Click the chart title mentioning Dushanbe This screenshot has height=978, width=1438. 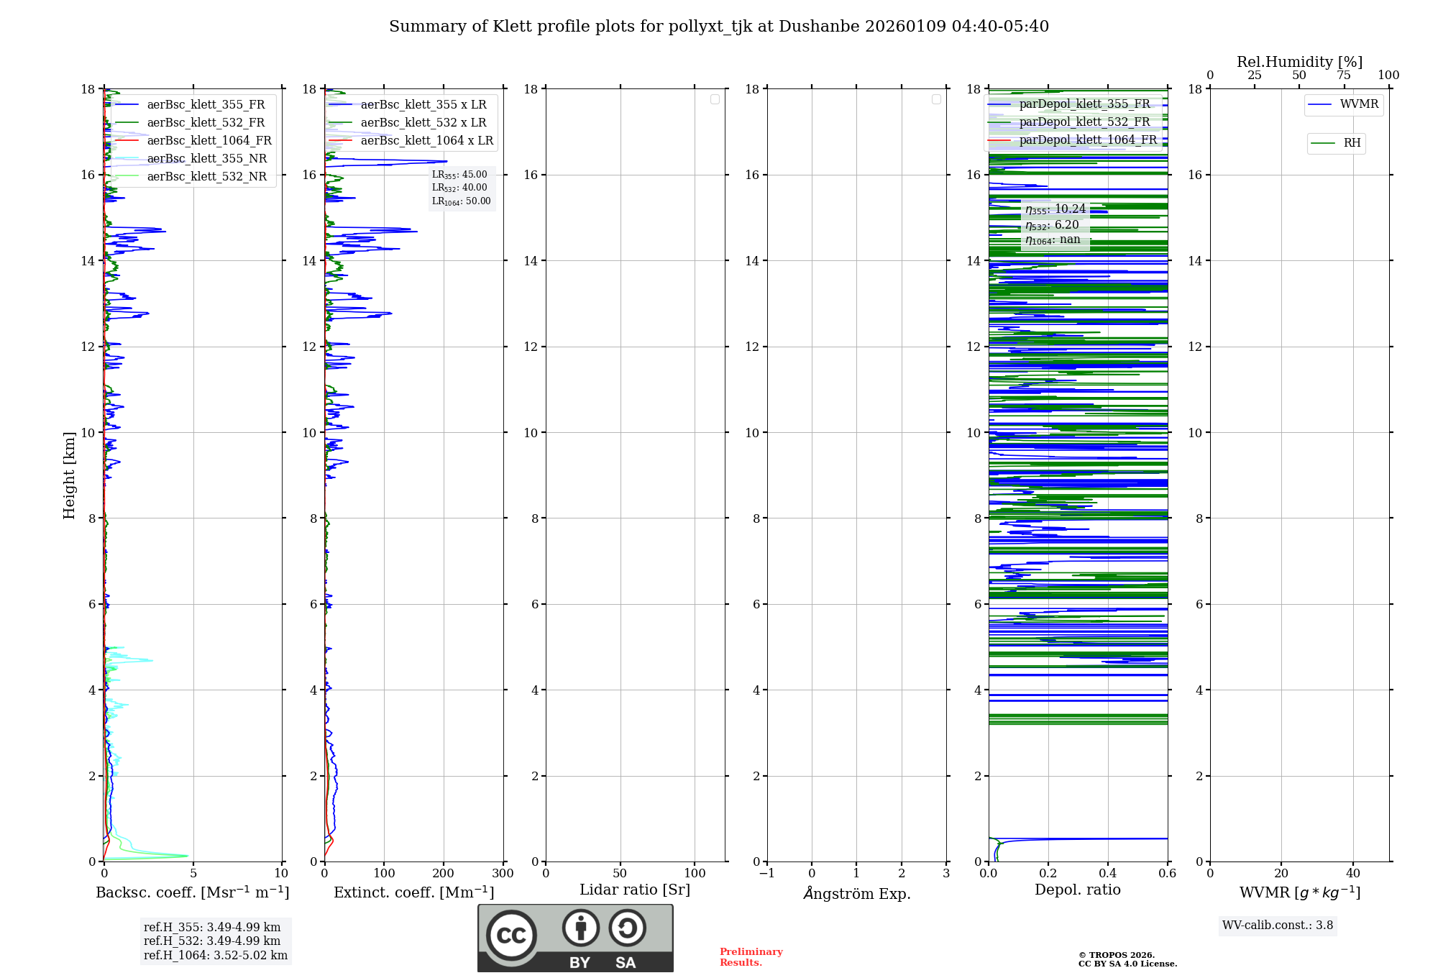click(x=719, y=27)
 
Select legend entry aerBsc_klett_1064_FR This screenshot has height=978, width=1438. click(x=209, y=141)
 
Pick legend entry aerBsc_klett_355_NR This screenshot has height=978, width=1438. click(x=206, y=159)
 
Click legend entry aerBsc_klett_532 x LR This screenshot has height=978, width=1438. click(x=423, y=123)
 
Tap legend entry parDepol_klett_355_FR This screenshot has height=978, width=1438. click(x=1084, y=104)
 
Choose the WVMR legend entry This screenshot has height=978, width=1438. click(x=1358, y=104)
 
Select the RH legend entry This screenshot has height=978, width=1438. click(x=1351, y=143)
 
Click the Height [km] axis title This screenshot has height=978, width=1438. click(x=69, y=475)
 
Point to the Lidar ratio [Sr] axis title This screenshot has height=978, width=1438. click(x=635, y=890)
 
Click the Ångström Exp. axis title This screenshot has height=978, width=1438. click(x=857, y=894)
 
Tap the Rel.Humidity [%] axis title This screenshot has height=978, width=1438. click(x=1299, y=62)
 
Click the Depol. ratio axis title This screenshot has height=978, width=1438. click(x=1077, y=890)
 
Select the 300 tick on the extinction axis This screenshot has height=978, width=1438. click(x=503, y=874)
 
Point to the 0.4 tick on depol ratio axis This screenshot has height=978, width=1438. click(x=1108, y=874)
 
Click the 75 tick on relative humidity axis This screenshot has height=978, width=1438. click(x=1344, y=76)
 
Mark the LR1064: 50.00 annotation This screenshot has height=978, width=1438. click(x=461, y=201)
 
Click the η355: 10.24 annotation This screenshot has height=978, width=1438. click(x=1055, y=209)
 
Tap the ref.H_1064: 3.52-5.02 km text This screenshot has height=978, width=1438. click(x=216, y=956)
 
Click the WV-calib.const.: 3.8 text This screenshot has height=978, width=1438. click(x=1278, y=926)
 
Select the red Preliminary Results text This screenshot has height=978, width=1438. click(x=751, y=957)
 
